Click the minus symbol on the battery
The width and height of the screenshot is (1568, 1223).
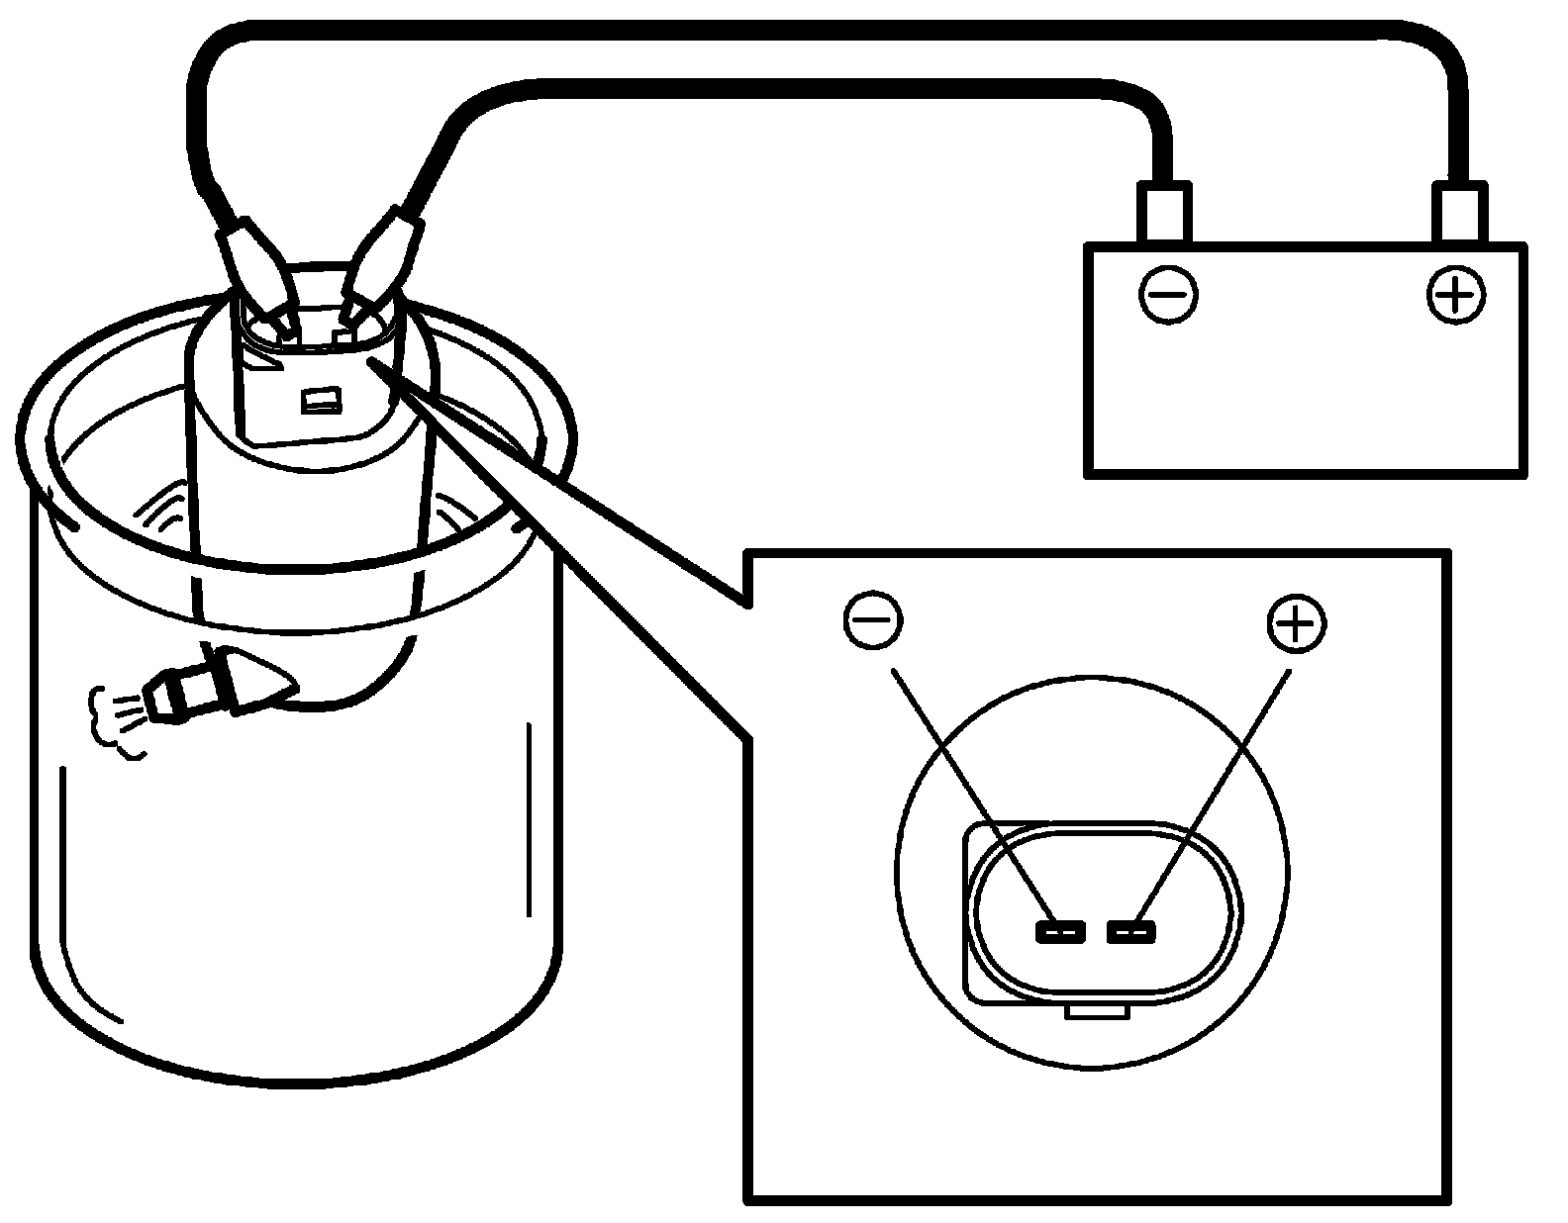click(1168, 294)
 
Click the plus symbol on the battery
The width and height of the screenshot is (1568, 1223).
click(1456, 294)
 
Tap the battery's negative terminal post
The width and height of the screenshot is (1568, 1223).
click(1166, 212)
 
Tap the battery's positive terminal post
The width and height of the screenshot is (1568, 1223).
click(1462, 212)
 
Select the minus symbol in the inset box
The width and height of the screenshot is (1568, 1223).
click(872, 620)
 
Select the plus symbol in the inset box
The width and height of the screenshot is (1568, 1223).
click(1296, 622)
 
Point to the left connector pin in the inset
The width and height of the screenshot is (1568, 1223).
click(1059, 931)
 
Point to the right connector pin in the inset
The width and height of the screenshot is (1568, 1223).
click(1131, 931)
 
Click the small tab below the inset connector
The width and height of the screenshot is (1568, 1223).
click(1097, 1011)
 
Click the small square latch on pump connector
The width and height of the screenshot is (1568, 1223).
click(322, 401)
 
